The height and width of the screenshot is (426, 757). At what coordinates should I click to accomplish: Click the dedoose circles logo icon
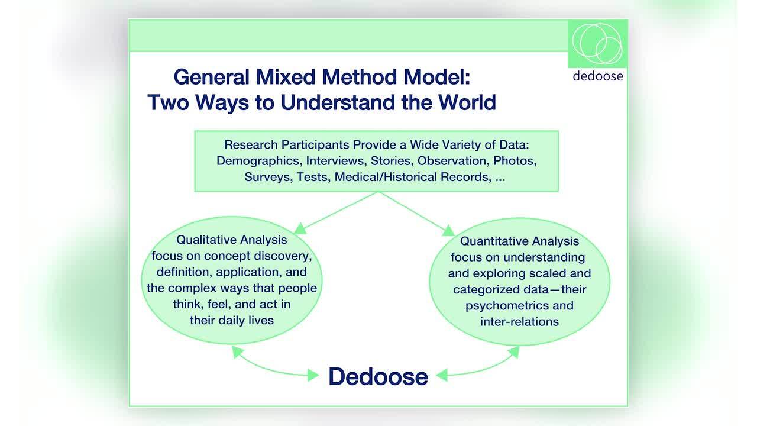pos(597,44)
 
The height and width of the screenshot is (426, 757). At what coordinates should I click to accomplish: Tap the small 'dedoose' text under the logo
pos(598,76)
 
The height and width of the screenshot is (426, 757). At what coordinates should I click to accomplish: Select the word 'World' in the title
pos(467,102)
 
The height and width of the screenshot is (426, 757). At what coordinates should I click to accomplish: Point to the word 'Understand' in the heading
pos(338,102)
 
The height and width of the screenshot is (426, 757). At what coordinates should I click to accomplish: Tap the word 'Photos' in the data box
pos(515,161)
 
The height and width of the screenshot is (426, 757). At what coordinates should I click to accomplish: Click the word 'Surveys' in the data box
pos(268,177)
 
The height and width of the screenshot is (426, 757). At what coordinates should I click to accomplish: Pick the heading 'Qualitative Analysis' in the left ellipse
pos(231,240)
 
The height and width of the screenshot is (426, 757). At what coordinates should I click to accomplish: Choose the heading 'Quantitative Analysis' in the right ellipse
pos(519,241)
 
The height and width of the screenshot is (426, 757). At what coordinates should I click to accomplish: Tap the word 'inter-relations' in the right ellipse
pos(519,321)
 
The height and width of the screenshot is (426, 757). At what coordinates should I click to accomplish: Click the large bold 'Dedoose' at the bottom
pos(378,376)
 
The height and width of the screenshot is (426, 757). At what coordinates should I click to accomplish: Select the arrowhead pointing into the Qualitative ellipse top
pos(300,228)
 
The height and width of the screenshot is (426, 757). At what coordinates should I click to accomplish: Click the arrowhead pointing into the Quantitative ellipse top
pos(448,230)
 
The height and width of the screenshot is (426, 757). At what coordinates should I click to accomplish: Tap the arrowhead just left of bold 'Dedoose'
pos(313,375)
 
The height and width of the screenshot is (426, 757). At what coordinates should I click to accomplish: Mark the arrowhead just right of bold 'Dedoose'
pos(442,375)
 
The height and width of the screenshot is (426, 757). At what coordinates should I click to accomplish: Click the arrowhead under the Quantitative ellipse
pos(514,352)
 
